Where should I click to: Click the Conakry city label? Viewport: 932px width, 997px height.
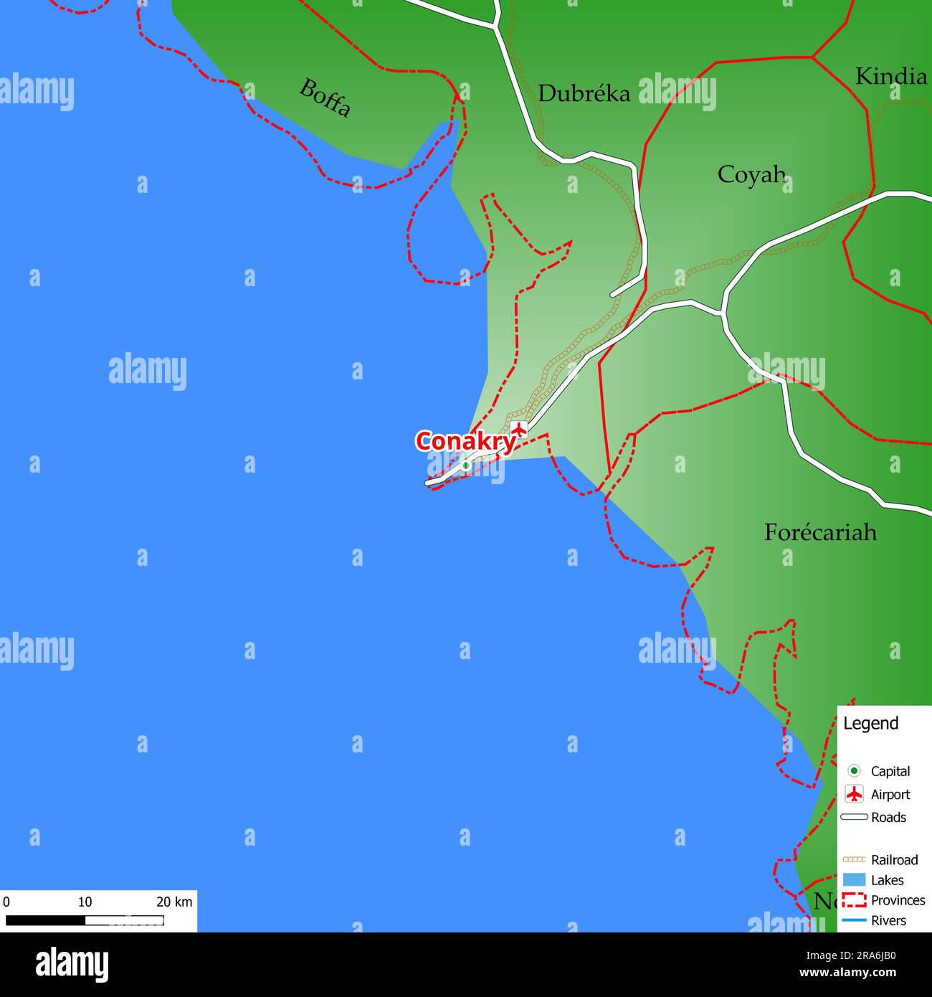point(465,441)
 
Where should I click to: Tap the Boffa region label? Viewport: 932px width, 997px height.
point(325,98)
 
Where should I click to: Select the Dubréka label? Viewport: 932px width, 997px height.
point(584,93)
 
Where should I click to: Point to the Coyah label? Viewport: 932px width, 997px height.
point(751,174)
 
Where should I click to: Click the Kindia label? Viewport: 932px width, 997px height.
point(890,76)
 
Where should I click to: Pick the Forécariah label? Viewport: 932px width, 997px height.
point(820,532)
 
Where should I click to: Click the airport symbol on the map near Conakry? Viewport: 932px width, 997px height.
point(518,430)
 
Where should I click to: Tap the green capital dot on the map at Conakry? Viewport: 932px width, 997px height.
point(465,466)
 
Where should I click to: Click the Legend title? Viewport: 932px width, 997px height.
point(870,724)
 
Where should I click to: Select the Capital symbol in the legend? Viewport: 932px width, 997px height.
point(854,771)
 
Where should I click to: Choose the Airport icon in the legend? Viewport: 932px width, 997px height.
point(854,794)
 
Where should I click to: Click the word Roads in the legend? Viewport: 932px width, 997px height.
point(888,818)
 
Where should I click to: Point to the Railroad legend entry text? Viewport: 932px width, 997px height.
point(894,860)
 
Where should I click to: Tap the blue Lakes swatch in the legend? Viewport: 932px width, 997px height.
point(854,880)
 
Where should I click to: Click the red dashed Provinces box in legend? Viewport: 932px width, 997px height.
point(854,900)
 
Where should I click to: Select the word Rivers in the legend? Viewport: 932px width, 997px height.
point(888,921)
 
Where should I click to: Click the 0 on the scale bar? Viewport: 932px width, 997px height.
point(6,902)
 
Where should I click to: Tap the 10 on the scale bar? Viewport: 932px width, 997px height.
point(85,902)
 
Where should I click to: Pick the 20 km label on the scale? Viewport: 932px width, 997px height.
point(174,902)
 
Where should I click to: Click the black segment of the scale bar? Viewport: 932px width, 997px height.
point(45,920)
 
